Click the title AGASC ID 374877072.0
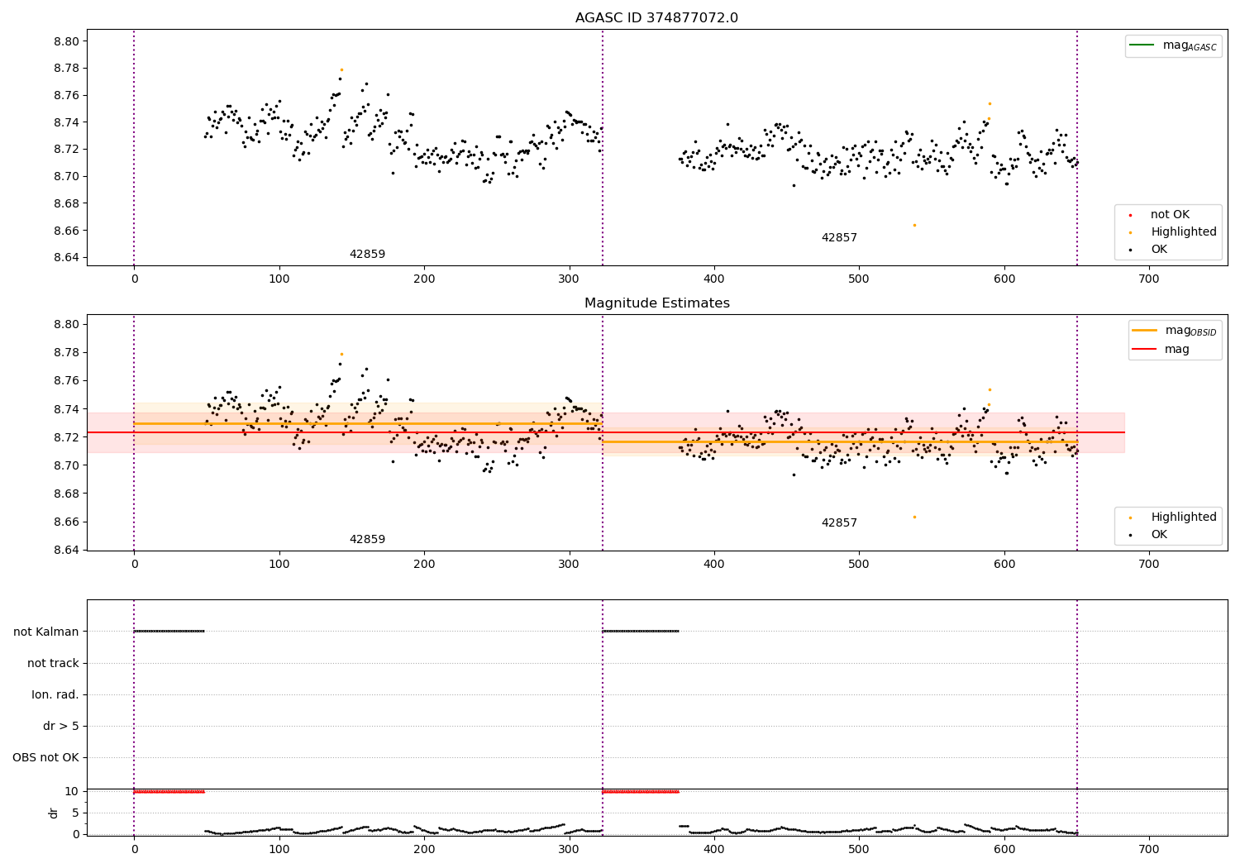[656, 18]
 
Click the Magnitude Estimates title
[656, 303]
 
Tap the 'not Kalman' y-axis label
[46, 632]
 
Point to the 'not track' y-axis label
[53, 663]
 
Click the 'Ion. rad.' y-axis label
[55, 694]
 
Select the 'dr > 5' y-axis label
[61, 726]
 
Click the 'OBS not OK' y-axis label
[46, 757]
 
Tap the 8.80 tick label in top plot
[67, 41]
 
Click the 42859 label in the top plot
[367, 255]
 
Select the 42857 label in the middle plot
[839, 523]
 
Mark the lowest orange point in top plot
[914, 225]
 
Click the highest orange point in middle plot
[341, 354]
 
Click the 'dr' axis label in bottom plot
[54, 813]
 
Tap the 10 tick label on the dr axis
[71, 791]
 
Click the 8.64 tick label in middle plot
[67, 550]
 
